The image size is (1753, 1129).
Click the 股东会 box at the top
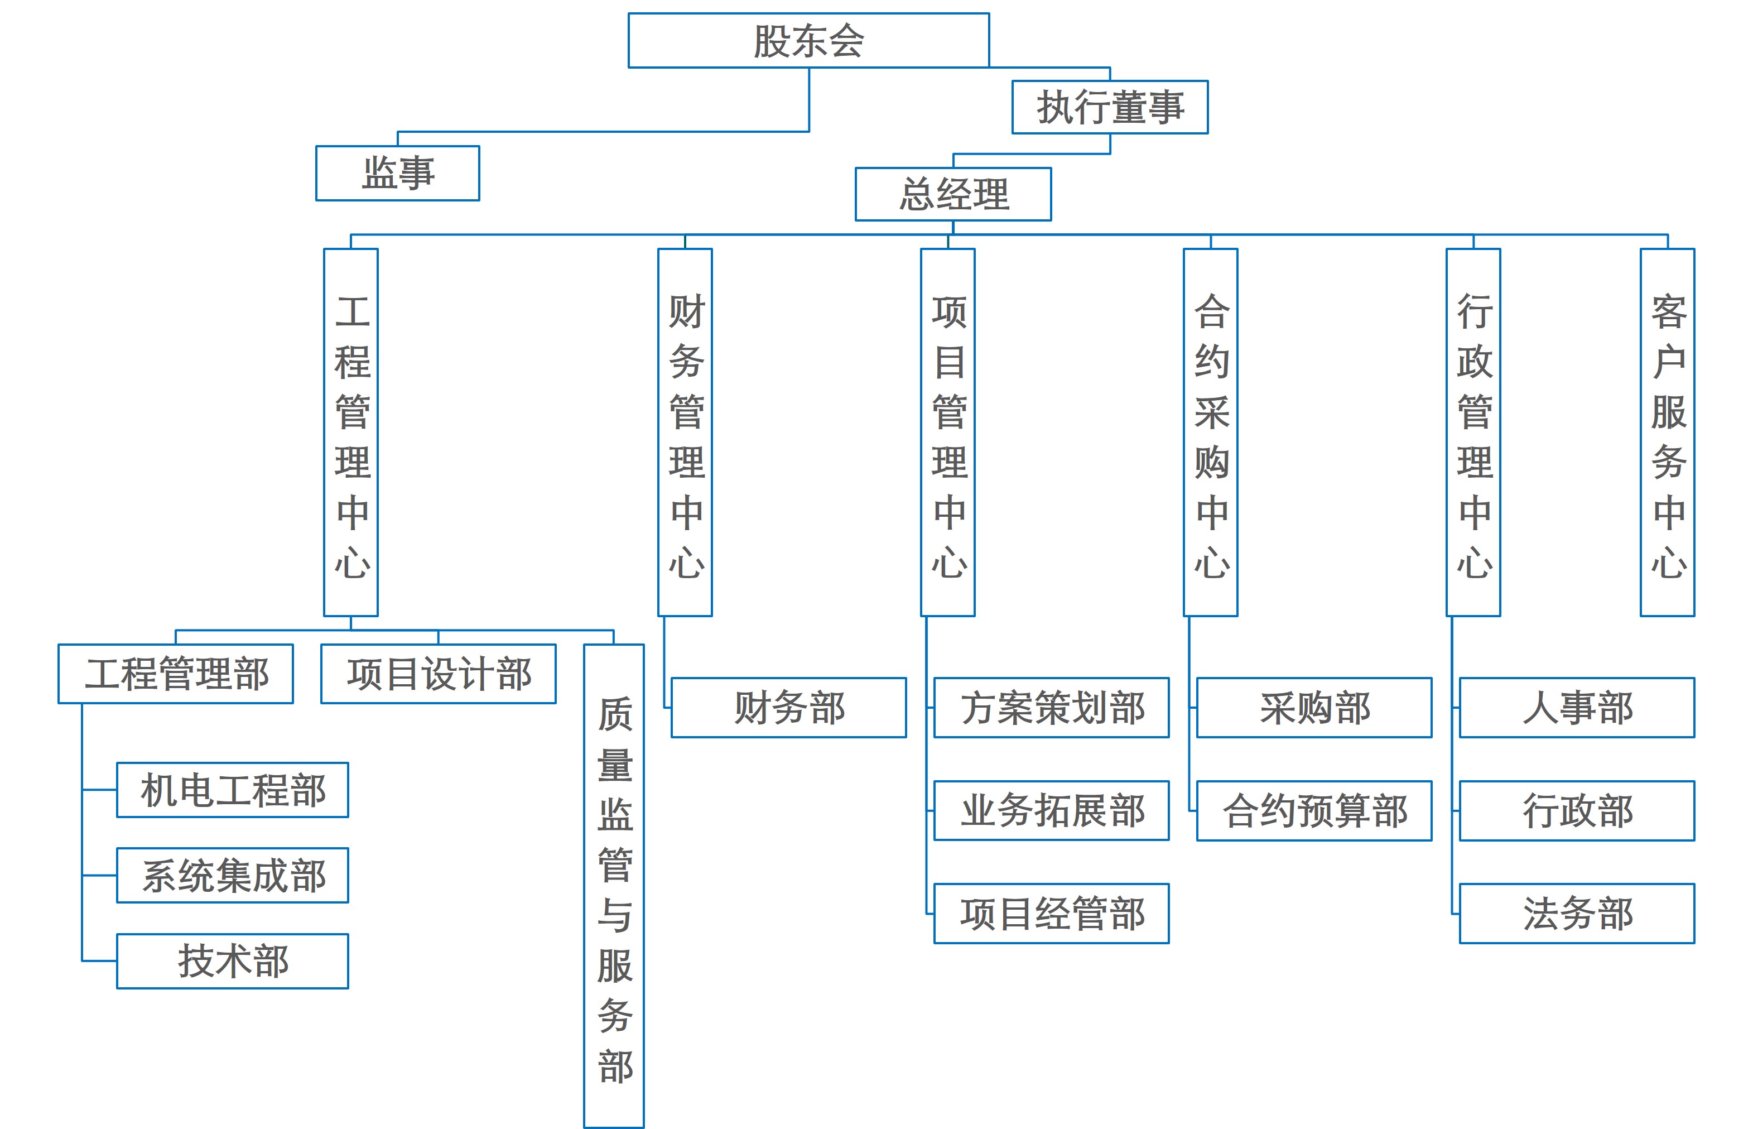[808, 40]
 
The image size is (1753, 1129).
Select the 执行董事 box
[1110, 107]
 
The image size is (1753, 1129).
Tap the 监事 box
[397, 173]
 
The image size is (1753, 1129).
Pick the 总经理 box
[953, 194]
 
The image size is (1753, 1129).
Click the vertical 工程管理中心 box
[351, 433]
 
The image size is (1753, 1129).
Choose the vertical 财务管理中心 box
[685, 433]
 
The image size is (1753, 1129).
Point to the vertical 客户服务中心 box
[1667, 433]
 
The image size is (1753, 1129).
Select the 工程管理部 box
[176, 674]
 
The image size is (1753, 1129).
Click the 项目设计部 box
[439, 674]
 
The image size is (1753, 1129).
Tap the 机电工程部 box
[232, 790]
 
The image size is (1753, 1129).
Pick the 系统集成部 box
[232, 875]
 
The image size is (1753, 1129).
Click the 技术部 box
[232, 961]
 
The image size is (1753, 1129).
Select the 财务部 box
[788, 708]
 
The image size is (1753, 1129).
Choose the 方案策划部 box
[1052, 708]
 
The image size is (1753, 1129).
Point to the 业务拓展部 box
[1052, 811]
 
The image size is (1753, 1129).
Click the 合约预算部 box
[1314, 811]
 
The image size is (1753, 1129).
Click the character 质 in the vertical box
[615, 714]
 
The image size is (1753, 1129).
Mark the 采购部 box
[1314, 708]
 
